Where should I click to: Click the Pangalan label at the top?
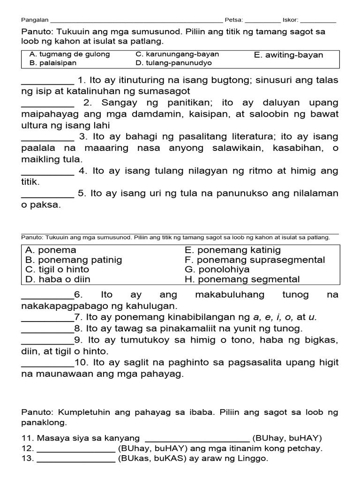[x=35, y=20]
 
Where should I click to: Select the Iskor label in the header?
[x=290, y=20]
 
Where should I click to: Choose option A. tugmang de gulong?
[x=69, y=54]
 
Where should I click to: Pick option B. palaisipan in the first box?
[x=52, y=62]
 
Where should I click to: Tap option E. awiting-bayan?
[x=288, y=55]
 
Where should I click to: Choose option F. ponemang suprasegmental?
[x=255, y=260]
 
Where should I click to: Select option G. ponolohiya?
[x=217, y=270]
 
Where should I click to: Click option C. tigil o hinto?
[x=57, y=270]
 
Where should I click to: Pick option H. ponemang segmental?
[x=242, y=279]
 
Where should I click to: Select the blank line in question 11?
[x=197, y=438]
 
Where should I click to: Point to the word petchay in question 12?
[x=307, y=448]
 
